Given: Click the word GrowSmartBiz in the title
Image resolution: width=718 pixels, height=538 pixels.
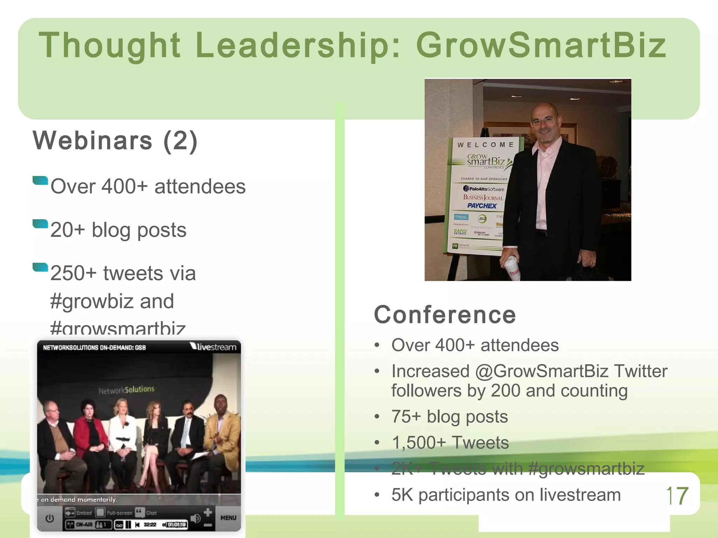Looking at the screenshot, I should (541, 46).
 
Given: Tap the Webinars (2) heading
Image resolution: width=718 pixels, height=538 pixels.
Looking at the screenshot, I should (115, 141).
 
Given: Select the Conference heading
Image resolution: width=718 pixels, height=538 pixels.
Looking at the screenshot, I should (445, 315).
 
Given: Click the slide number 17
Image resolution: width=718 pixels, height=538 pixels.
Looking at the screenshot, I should (677, 496).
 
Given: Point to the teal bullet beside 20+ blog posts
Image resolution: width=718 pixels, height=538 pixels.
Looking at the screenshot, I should (40, 223).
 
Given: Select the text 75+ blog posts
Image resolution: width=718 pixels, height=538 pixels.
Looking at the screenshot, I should (449, 417).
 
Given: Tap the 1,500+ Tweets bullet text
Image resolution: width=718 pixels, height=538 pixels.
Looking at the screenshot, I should (450, 443).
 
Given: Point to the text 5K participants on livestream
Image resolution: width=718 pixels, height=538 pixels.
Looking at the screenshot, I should (506, 495).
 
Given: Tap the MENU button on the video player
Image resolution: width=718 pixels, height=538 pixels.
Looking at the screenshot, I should (228, 518).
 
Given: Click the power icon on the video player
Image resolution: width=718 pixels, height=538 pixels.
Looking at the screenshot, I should (50, 518).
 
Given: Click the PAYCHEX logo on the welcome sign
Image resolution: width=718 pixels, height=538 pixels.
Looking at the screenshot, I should (482, 206).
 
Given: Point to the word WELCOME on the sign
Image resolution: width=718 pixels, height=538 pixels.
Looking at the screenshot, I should (485, 145).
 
